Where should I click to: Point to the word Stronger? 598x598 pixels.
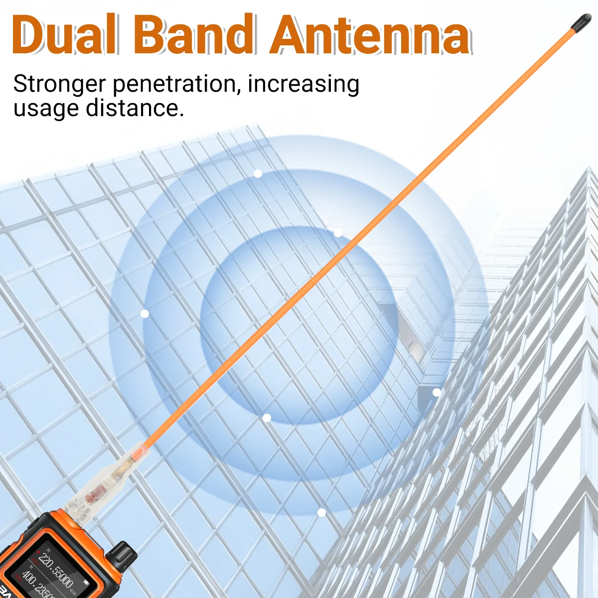[x=59, y=84]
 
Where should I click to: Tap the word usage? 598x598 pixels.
[x=45, y=108]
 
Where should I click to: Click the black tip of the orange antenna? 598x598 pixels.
[x=581, y=21]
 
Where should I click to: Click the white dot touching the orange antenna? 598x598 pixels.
[x=338, y=233]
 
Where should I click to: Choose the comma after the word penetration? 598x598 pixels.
[x=238, y=92]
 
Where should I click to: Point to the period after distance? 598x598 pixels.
[x=181, y=115]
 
